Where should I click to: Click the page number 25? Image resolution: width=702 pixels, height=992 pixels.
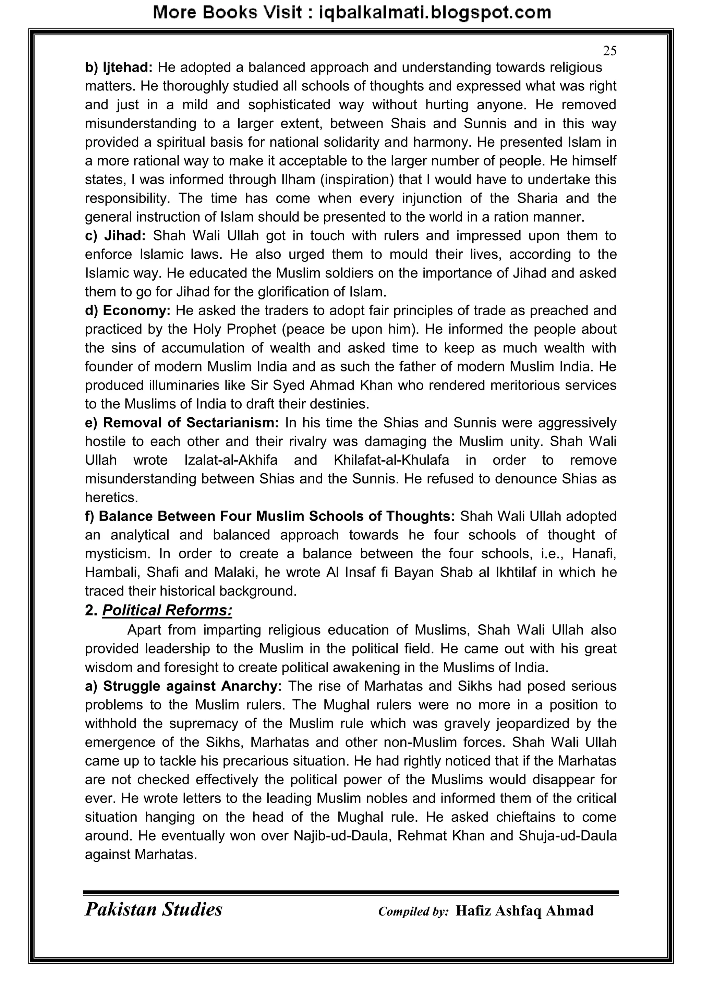[609, 51]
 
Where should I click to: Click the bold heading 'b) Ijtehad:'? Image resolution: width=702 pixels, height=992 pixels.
[119, 68]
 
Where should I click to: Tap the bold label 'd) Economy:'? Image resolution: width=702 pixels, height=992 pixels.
[128, 311]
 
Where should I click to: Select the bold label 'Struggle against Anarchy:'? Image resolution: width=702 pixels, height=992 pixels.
[192, 686]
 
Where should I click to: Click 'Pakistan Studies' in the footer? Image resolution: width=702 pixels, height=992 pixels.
[154, 909]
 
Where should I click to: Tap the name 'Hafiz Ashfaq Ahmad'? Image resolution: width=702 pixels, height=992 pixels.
[524, 911]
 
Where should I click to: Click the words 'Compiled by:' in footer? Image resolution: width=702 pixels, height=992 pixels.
[413, 911]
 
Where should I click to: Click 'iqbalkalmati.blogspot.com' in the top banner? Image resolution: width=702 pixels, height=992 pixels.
[434, 13]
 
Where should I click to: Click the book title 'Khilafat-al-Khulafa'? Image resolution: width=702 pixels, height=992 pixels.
[391, 461]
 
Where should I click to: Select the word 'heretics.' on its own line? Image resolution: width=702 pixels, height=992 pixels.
[111, 498]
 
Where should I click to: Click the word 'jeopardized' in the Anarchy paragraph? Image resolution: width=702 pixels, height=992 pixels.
[540, 724]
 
